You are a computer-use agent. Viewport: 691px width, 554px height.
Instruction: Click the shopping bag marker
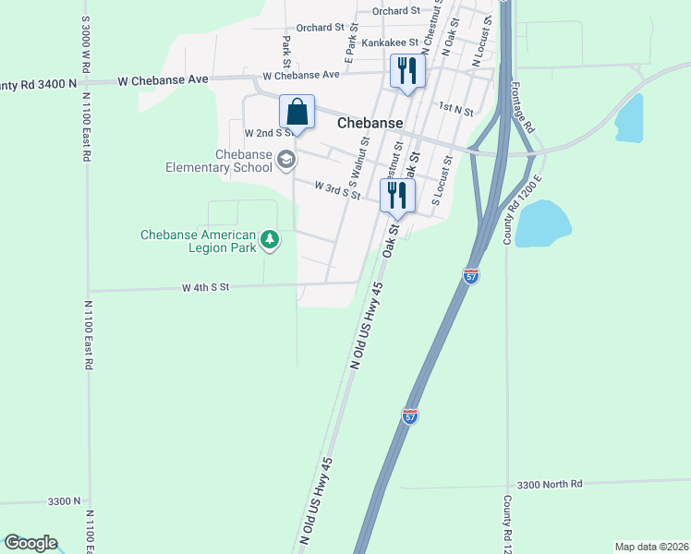pyautogui.click(x=297, y=113)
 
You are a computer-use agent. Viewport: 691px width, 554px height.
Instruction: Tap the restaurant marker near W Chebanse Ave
pyautogui.click(x=407, y=70)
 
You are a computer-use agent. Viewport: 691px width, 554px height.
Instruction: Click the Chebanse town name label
pyautogui.click(x=370, y=123)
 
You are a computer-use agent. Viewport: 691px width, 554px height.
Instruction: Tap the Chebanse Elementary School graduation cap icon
pyautogui.click(x=286, y=160)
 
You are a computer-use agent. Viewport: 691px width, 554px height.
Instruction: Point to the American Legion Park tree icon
pyautogui.click(x=270, y=241)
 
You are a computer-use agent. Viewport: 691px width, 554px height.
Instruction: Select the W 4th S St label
pyautogui.click(x=204, y=288)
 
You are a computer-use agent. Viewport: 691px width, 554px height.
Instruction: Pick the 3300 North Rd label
pyautogui.click(x=550, y=484)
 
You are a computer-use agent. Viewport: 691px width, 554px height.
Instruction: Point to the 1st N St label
pyautogui.click(x=455, y=110)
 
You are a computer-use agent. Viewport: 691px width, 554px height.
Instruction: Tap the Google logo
pyautogui.click(x=30, y=543)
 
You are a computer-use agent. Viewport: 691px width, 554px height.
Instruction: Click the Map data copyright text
pyautogui.click(x=650, y=547)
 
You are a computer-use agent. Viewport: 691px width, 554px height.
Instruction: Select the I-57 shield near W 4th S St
pyautogui.click(x=470, y=275)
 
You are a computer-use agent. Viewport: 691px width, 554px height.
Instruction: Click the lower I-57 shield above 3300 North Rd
pyautogui.click(x=410, y=416)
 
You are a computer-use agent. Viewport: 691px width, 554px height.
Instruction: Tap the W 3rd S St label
pyautogui.click(x=336, y=189)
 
